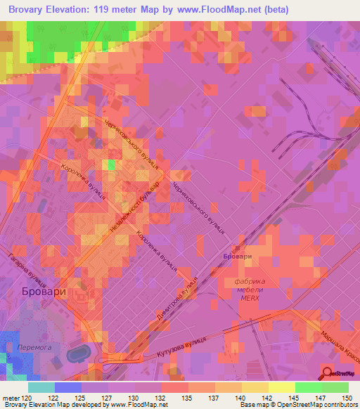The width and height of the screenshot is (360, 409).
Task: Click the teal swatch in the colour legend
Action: [x=41, y=387]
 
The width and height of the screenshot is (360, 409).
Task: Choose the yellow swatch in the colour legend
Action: [x=281, y=387]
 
